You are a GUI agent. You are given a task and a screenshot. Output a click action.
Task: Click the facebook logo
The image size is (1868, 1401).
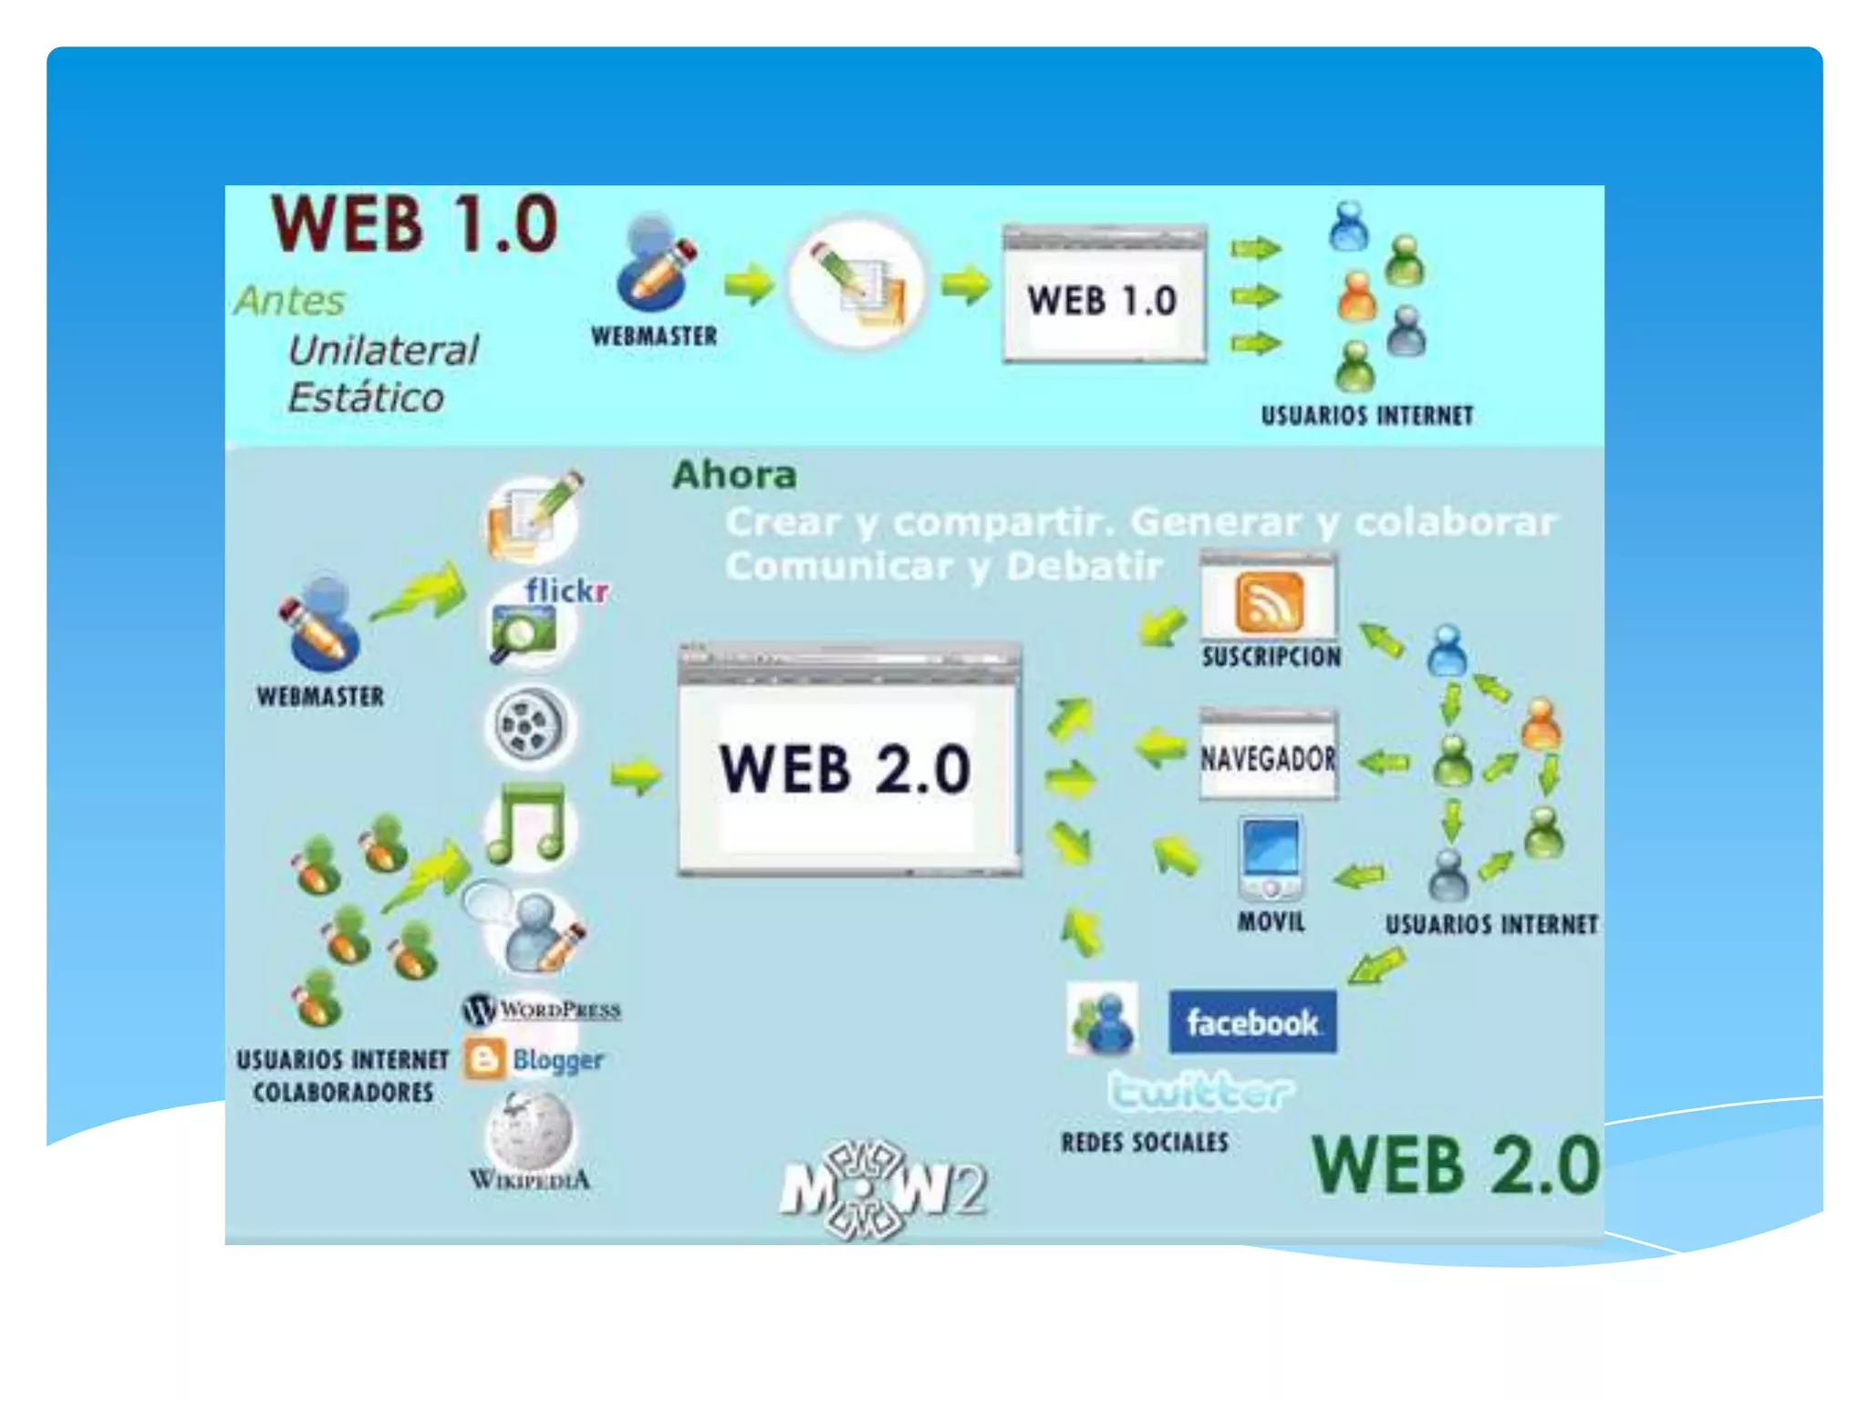[x=1252, y=1022]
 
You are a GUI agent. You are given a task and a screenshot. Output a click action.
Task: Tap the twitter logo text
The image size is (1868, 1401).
[x=1200, y=1092]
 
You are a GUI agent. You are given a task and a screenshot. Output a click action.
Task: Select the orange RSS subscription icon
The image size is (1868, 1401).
[x=1269, y=602]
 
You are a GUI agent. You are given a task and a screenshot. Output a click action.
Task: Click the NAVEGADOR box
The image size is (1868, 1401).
[x=1268, y=757]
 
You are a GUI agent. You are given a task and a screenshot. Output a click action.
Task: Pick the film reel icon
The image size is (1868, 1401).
[x=528, y=726]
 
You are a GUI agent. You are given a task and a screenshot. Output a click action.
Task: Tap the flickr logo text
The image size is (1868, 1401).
[x=566, y=591]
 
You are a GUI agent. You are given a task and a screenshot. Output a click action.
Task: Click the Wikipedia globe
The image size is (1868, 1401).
[x=530, y=1132]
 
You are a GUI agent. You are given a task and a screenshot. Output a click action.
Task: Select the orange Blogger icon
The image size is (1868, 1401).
[x=483, y=1060]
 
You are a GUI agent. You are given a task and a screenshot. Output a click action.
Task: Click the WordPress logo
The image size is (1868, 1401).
[x=542, y=1010]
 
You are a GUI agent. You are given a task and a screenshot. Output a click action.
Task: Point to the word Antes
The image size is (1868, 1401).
[x=289, y=301]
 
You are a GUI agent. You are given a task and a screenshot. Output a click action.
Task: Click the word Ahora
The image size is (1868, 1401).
[x=734, y=475]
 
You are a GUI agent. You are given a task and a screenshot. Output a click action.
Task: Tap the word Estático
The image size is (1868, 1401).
[x=366, y=398]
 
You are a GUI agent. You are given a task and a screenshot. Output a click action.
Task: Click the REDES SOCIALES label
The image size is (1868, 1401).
[x=1145, y=1142]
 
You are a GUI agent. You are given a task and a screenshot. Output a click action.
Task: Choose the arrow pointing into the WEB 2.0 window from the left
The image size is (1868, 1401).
[x=636, y=776]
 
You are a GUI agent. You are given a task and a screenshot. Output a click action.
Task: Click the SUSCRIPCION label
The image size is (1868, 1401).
[x=1271, y=657]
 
